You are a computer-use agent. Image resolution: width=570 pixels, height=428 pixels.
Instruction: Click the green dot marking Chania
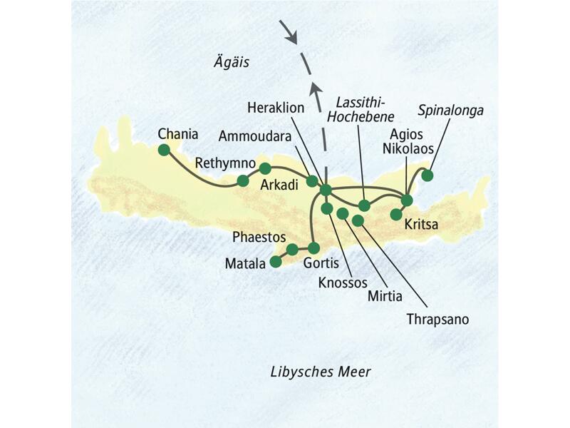(164, 150)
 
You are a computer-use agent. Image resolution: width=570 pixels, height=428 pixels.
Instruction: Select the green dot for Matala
(276, 262)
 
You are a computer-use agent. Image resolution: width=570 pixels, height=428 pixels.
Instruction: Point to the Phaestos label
(259, 235)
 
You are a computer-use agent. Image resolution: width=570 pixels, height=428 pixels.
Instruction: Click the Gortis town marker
(313, 248)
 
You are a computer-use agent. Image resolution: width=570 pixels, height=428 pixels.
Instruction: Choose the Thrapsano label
(437, 319)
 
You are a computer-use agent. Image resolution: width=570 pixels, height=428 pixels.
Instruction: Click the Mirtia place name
(385, 295)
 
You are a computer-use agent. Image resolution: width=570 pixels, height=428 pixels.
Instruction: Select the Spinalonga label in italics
(452, 111)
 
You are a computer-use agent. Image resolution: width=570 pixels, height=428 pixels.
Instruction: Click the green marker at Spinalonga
(427, 175)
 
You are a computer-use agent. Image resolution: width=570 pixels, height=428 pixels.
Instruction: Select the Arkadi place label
(279, 185)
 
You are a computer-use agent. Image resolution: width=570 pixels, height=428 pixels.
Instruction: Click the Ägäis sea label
(232, 63)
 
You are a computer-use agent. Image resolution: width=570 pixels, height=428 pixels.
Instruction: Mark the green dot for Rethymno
(243, 180)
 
